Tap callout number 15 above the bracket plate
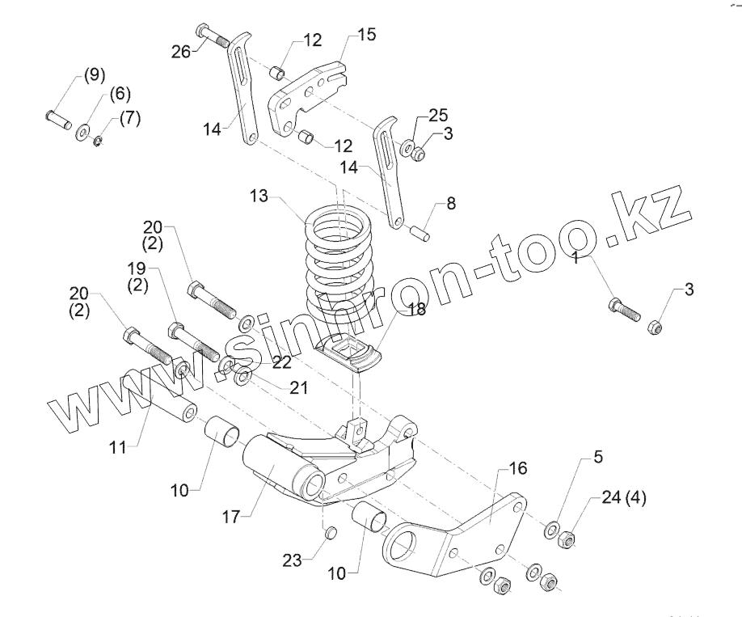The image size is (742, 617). coord(366,35)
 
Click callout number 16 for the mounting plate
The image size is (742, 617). coord(517,470)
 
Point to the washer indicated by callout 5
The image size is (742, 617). coord(552,530)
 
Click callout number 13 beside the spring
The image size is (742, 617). coord(259,197)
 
